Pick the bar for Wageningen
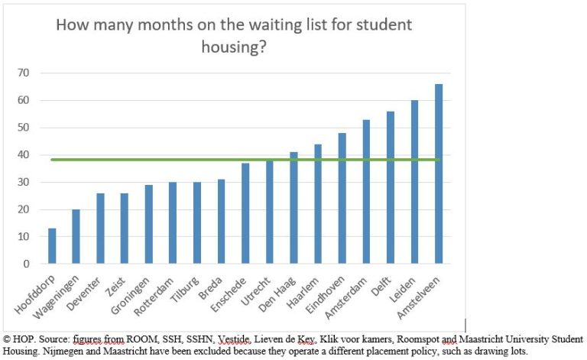tap(76, 237)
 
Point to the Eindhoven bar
tap(342, 199)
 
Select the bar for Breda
tap(221, 222)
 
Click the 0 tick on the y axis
tap(25, 264)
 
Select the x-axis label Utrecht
tap(258, 286)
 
